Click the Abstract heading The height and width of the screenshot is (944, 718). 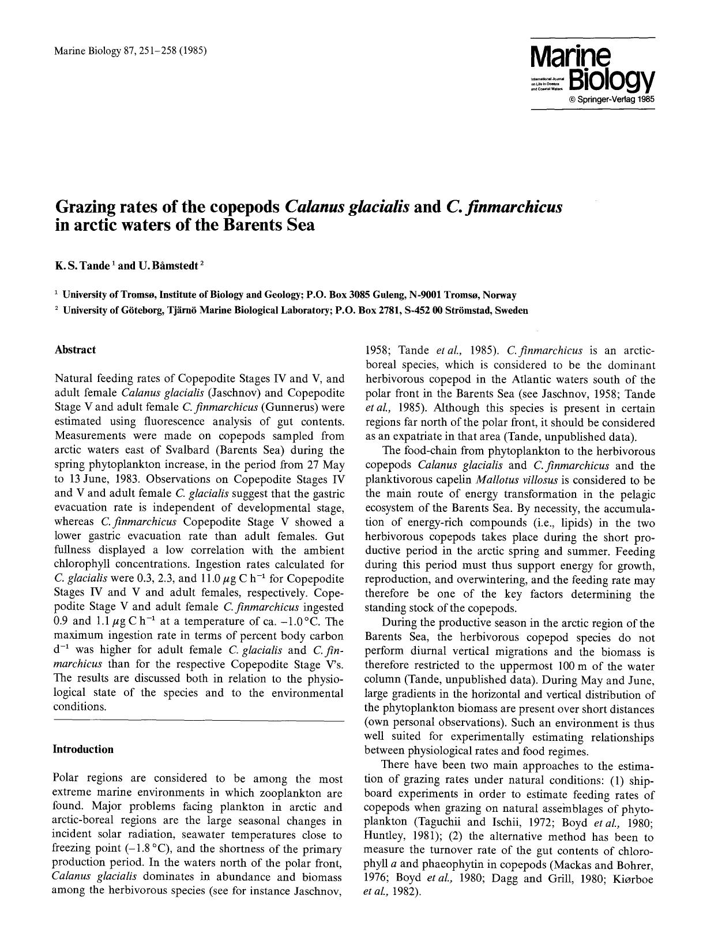coord(75,350)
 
